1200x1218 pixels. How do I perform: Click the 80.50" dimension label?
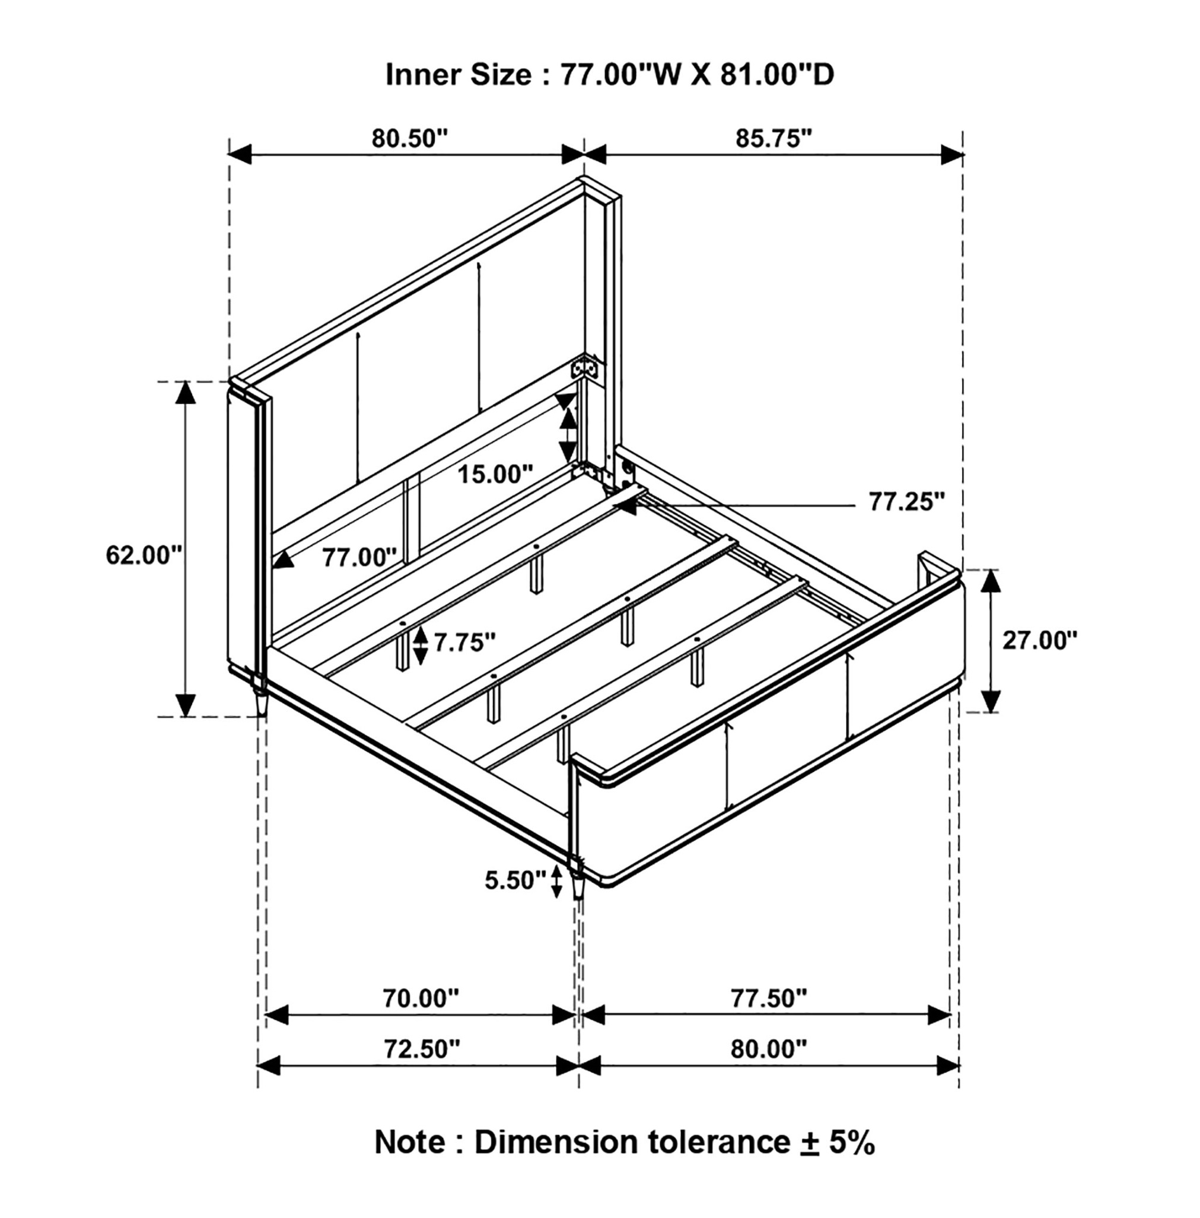tap(409, 138)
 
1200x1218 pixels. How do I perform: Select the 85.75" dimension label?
tap(774, 138)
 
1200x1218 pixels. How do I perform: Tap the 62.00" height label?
tap(144, 555)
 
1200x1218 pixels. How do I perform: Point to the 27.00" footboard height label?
tap(1040, 641)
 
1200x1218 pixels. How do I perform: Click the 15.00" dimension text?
tap(495, 474)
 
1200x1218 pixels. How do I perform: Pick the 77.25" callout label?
tap(908, 502)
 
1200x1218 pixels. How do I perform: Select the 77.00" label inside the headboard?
tap(360, 557)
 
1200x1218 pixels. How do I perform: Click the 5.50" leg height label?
tap(515, 880)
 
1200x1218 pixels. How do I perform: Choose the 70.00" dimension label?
tap(422, 998)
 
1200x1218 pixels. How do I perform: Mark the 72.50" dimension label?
tap(422, 1049)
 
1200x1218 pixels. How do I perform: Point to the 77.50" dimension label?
tap(769, 998)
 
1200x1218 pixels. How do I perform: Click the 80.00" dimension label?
tap(769, 1049)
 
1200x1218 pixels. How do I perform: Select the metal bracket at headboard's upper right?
tap(584, 368)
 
